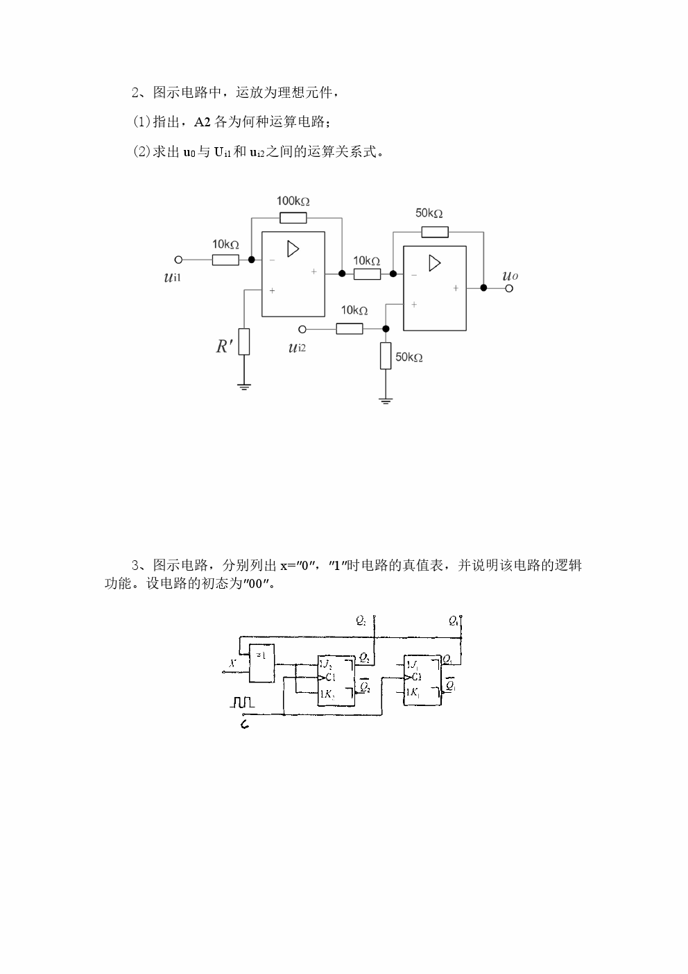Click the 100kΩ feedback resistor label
[x=293, y=201]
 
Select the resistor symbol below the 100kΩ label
[x=293, y=218]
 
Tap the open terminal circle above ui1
[x=178, y=260]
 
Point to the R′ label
[x=223, y=346]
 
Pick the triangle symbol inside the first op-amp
[x=293, y=249]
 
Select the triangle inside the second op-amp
[x=434, y=263]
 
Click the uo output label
[x=510, y=276]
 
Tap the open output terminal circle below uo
[x=509, y=287]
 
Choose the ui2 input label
[x=297, y=346]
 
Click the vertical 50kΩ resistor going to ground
[x=386, y=356]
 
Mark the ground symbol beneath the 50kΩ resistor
[x=386, y=400]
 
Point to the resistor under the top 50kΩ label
[x=434, y=232]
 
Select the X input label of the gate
[x=233, y=664]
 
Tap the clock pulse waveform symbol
[x=242, y=703]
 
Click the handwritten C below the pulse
[x=244, y=725]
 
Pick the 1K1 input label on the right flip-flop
[x=413, y=692]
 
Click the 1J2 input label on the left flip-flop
[x=326, y=664]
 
